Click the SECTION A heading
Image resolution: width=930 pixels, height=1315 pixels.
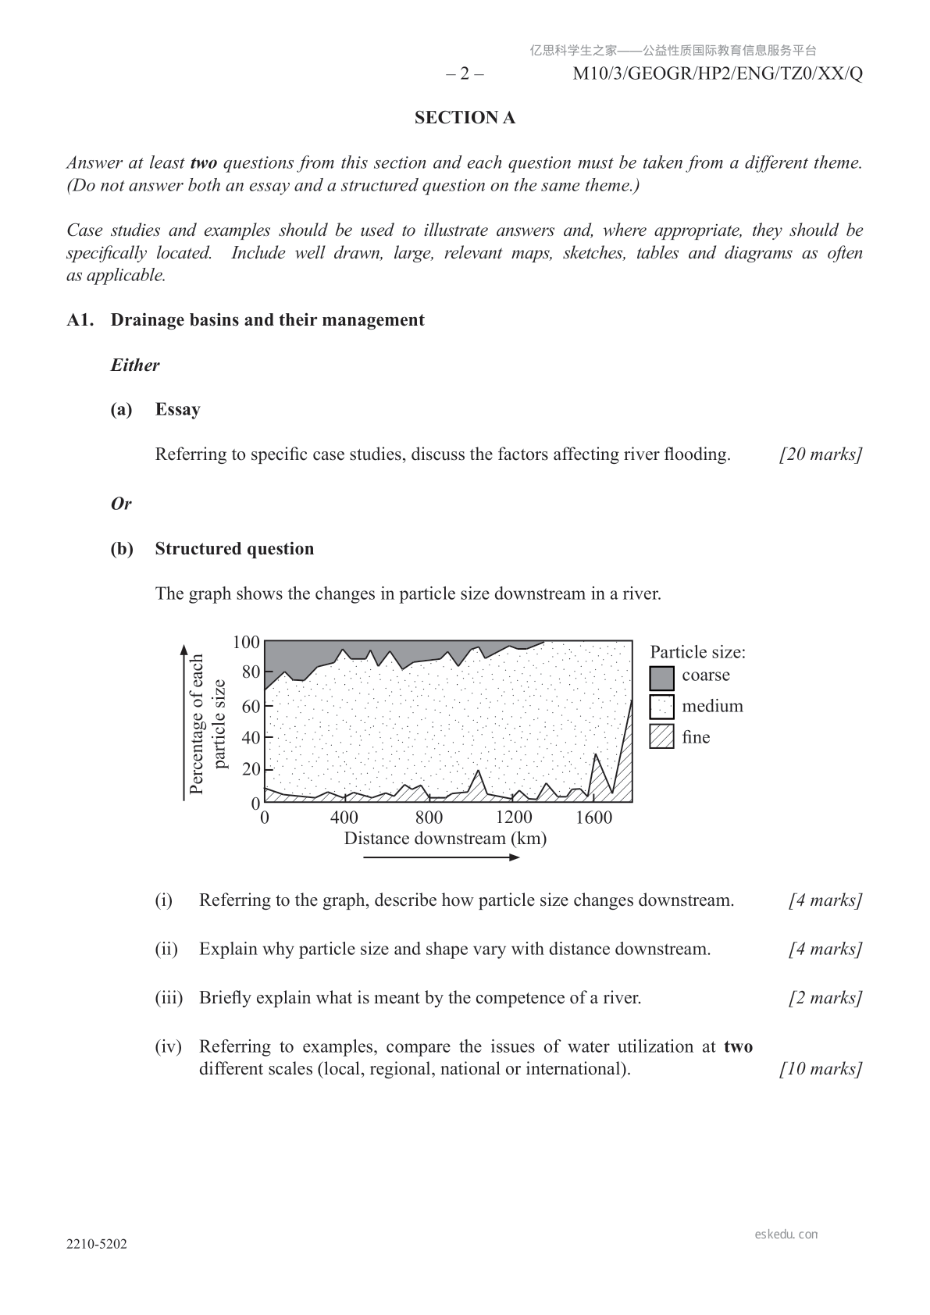pos(465,118)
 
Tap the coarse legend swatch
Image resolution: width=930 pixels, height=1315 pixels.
pos(661,677)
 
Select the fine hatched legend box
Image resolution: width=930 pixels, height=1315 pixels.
pos(661,737)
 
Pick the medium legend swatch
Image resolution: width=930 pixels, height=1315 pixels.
pos(661,707)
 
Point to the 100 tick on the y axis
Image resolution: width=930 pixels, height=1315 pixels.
pos(246,642)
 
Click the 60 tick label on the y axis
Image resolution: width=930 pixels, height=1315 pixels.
pos(251,707)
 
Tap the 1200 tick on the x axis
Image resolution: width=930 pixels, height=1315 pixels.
pos(513,818)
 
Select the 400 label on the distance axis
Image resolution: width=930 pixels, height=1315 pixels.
pos(344,818)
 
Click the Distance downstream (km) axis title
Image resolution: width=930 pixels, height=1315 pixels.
pos(445,839)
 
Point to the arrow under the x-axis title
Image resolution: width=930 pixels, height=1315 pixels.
pos(442,857)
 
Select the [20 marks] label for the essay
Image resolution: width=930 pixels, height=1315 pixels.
pos(821,454)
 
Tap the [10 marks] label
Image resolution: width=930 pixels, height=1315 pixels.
pos(821,1069)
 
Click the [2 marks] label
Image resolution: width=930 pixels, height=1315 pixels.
pos(825,998)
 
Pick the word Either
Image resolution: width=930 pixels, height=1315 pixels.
pos(135,365)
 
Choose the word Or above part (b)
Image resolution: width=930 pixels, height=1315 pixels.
pos(121,504)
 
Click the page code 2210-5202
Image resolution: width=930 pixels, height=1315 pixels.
pos(97,1244)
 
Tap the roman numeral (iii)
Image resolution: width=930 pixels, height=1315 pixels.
pos(169,998)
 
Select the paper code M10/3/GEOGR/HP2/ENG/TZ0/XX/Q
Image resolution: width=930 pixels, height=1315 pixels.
pos(718,74)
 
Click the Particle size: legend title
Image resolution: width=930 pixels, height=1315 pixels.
pos(697,652)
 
